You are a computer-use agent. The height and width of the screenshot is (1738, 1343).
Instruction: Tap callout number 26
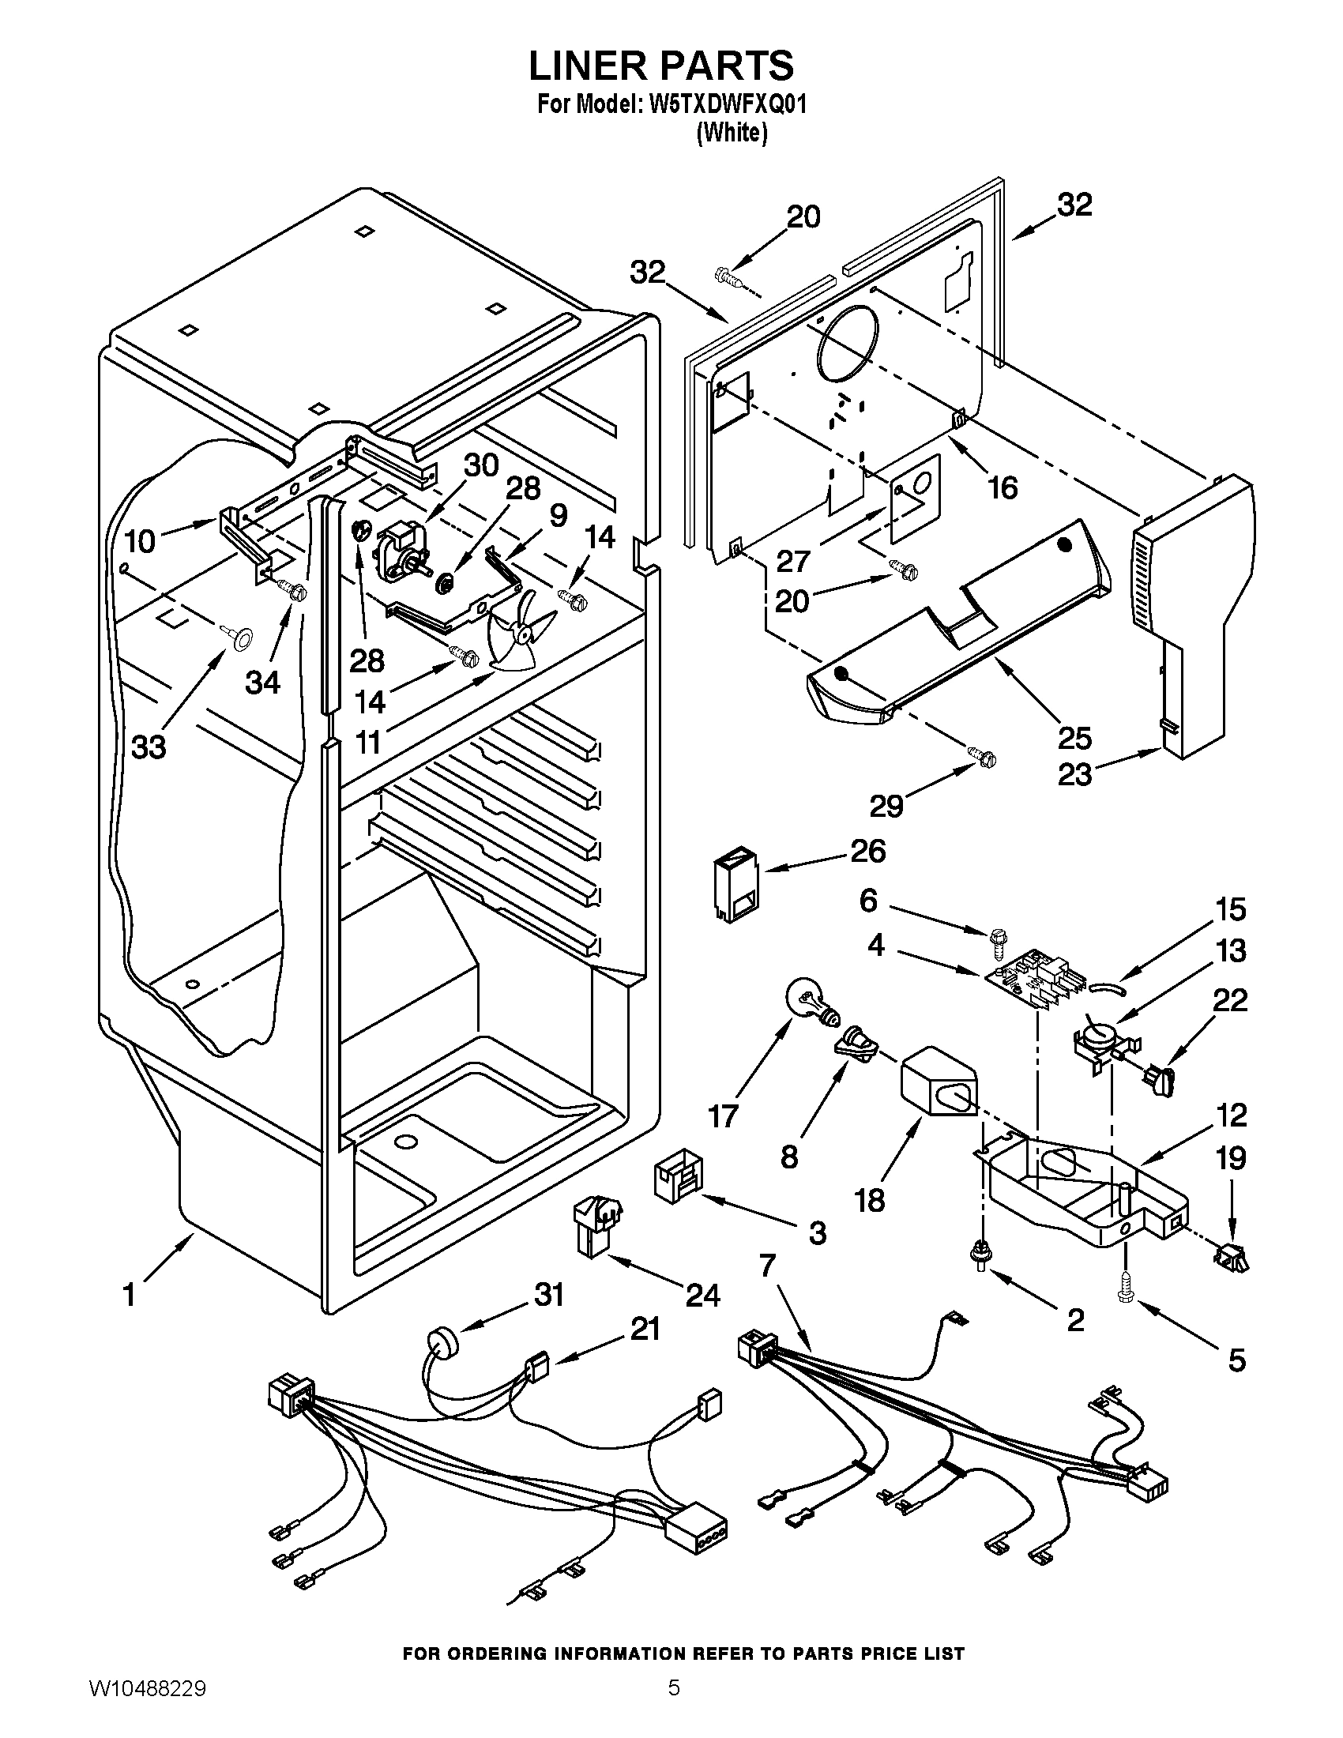point(868,852)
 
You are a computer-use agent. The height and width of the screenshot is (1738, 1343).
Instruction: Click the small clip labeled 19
point(1231,1257)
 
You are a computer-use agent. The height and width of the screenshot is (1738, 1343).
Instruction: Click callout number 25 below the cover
point(1074,738)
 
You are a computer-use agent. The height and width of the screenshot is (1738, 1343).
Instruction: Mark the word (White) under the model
point(732,134)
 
